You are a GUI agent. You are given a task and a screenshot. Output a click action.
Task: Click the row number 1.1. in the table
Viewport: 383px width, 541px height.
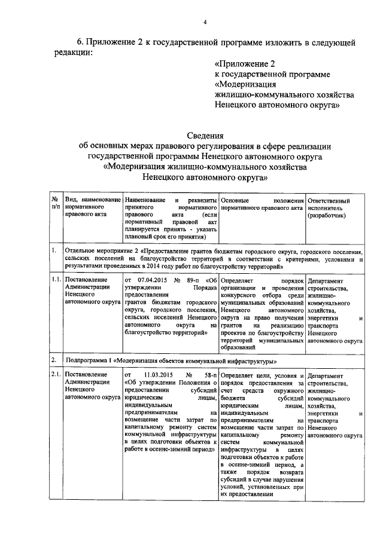click(x=55, y=279)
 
